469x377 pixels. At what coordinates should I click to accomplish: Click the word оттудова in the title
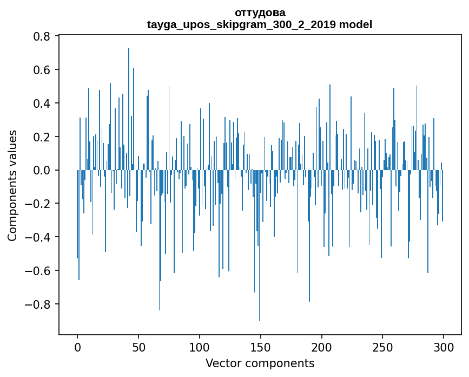click(x=260, y=12)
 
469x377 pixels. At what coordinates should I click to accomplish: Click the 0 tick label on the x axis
click(x=77, y=347)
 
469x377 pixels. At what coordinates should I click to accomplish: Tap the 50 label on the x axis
click(x=138, y=347)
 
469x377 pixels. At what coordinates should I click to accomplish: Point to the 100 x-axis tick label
click(x=200, y=347)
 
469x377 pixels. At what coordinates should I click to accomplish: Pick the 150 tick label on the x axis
click(x=261, y=347)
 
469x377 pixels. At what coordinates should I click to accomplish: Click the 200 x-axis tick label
click(x=322, y=347)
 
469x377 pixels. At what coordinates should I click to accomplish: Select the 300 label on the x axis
click(x=444, y=347)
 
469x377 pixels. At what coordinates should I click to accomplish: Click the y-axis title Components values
click(x=13, y=185)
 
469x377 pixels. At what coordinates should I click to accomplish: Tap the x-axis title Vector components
click(x=260, y=363)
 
